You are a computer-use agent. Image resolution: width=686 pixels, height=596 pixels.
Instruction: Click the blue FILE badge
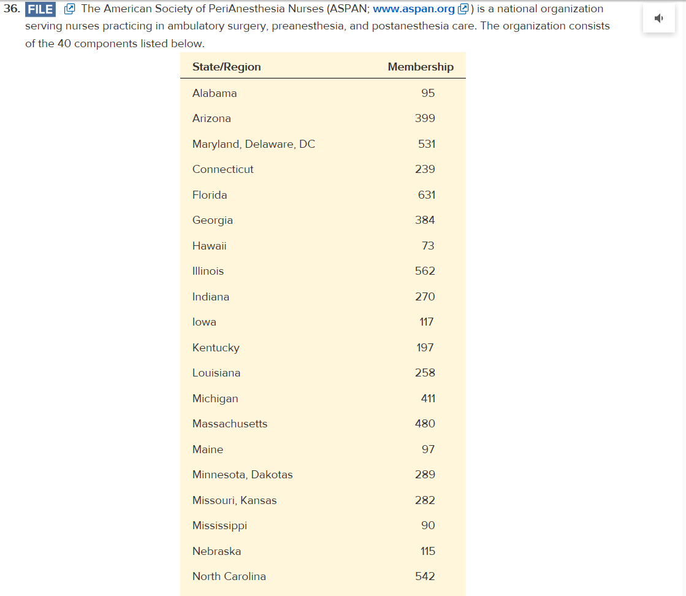click(x=40, y=9)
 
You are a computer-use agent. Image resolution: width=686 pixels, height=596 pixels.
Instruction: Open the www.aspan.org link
click(x=414, y=9)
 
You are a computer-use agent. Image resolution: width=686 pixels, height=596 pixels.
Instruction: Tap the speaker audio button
click(x=658, y=18)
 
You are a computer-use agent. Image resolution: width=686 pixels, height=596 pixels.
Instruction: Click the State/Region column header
click(x=226, y=67)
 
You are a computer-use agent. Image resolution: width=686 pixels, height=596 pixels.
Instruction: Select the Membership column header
click(x=421, y=67)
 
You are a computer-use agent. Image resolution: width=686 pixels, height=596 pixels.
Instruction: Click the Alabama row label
click(x=215, y=93)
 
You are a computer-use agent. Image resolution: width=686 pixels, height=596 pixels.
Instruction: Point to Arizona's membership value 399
click(x=425, y=118)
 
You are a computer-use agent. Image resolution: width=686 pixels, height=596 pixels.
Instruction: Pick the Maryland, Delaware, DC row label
click(x=254, y=144)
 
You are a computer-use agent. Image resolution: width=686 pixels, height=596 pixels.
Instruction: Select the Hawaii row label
click(x=209, y=246)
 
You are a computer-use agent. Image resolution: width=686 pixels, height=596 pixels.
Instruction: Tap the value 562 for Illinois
click(x=425, y=271)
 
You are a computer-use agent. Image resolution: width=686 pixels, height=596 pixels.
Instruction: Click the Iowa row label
click(x=204, y=322)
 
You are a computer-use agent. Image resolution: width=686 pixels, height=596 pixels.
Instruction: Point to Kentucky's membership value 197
click(x=425, y=348)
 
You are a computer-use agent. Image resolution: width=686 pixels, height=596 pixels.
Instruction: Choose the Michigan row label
click(x=215, y=399)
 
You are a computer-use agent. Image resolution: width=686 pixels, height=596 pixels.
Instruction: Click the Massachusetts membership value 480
click(x=425, y=424)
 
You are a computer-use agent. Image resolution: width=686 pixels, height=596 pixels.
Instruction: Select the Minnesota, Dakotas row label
click(x=243, y=475)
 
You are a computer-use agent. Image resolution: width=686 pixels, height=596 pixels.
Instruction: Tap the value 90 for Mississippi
click(x=428, y=525)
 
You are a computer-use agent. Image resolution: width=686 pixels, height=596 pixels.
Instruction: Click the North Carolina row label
click(x=229, y=576)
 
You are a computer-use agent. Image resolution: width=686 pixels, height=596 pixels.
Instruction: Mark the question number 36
click(x=12, y=9)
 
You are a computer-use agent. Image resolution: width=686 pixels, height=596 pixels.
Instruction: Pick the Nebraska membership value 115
click(x=427, y=551)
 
